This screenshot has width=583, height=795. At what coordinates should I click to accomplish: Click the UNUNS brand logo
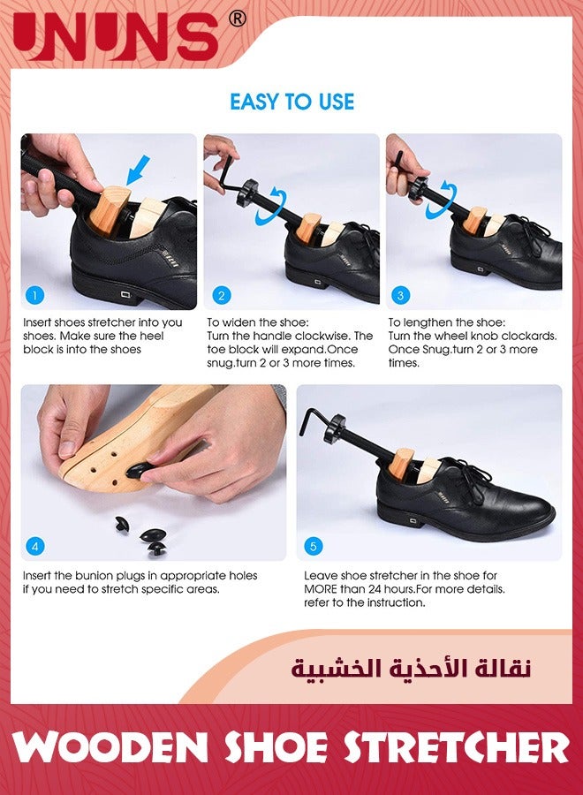pyautogui.click(x=115, y=36)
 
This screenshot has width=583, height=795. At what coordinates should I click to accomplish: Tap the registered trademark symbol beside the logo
pyautogui.click(x=237, y=18)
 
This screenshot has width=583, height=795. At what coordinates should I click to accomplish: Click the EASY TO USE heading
pyautogui.click(x=291, y=102)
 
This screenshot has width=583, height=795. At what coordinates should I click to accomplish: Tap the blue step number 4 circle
pyautogui.click(x=35, y=546)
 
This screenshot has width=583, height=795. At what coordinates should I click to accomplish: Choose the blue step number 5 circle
pyautogui.click(x=313, y=546)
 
